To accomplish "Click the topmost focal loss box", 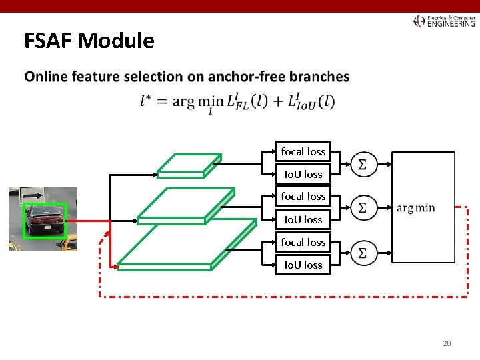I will tap(303, 152).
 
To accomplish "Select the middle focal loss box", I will tap(303, 197).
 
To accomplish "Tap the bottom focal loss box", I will tap(303, 242).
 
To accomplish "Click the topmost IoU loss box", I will tap(303, 175).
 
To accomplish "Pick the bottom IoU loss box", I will tap(303, 265).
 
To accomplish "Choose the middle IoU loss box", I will tap(303, 219).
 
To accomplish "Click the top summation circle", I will tap(363, 163).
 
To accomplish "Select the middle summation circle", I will tap(363, 208).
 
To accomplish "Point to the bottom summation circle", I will tap(363, 253).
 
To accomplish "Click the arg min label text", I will tap(415, 208).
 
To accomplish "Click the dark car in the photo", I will tap(45, 219).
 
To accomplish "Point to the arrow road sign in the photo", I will tap(32, 195).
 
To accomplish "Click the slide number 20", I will tap(447, 343).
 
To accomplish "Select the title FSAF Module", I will tap(89, 41).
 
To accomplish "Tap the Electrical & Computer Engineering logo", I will tap(444, 21).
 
